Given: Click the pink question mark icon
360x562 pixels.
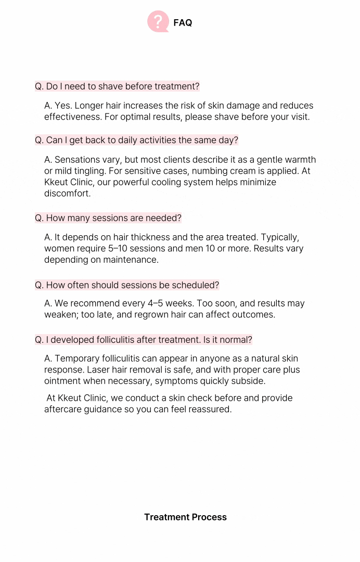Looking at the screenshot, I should [158, 22].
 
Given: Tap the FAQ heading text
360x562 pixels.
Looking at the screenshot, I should [183, 22].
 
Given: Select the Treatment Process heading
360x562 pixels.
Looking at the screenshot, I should [185, 517].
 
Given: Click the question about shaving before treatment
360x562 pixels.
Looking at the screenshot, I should [117, 86].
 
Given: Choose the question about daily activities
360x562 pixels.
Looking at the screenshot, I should [136, 140].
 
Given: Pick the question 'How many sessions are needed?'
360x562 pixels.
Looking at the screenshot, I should [108, 218].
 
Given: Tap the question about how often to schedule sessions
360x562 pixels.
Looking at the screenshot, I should [127, 285].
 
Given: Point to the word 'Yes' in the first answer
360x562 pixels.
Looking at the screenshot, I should [63, 106].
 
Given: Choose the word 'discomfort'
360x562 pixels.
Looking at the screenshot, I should [67, 194].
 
